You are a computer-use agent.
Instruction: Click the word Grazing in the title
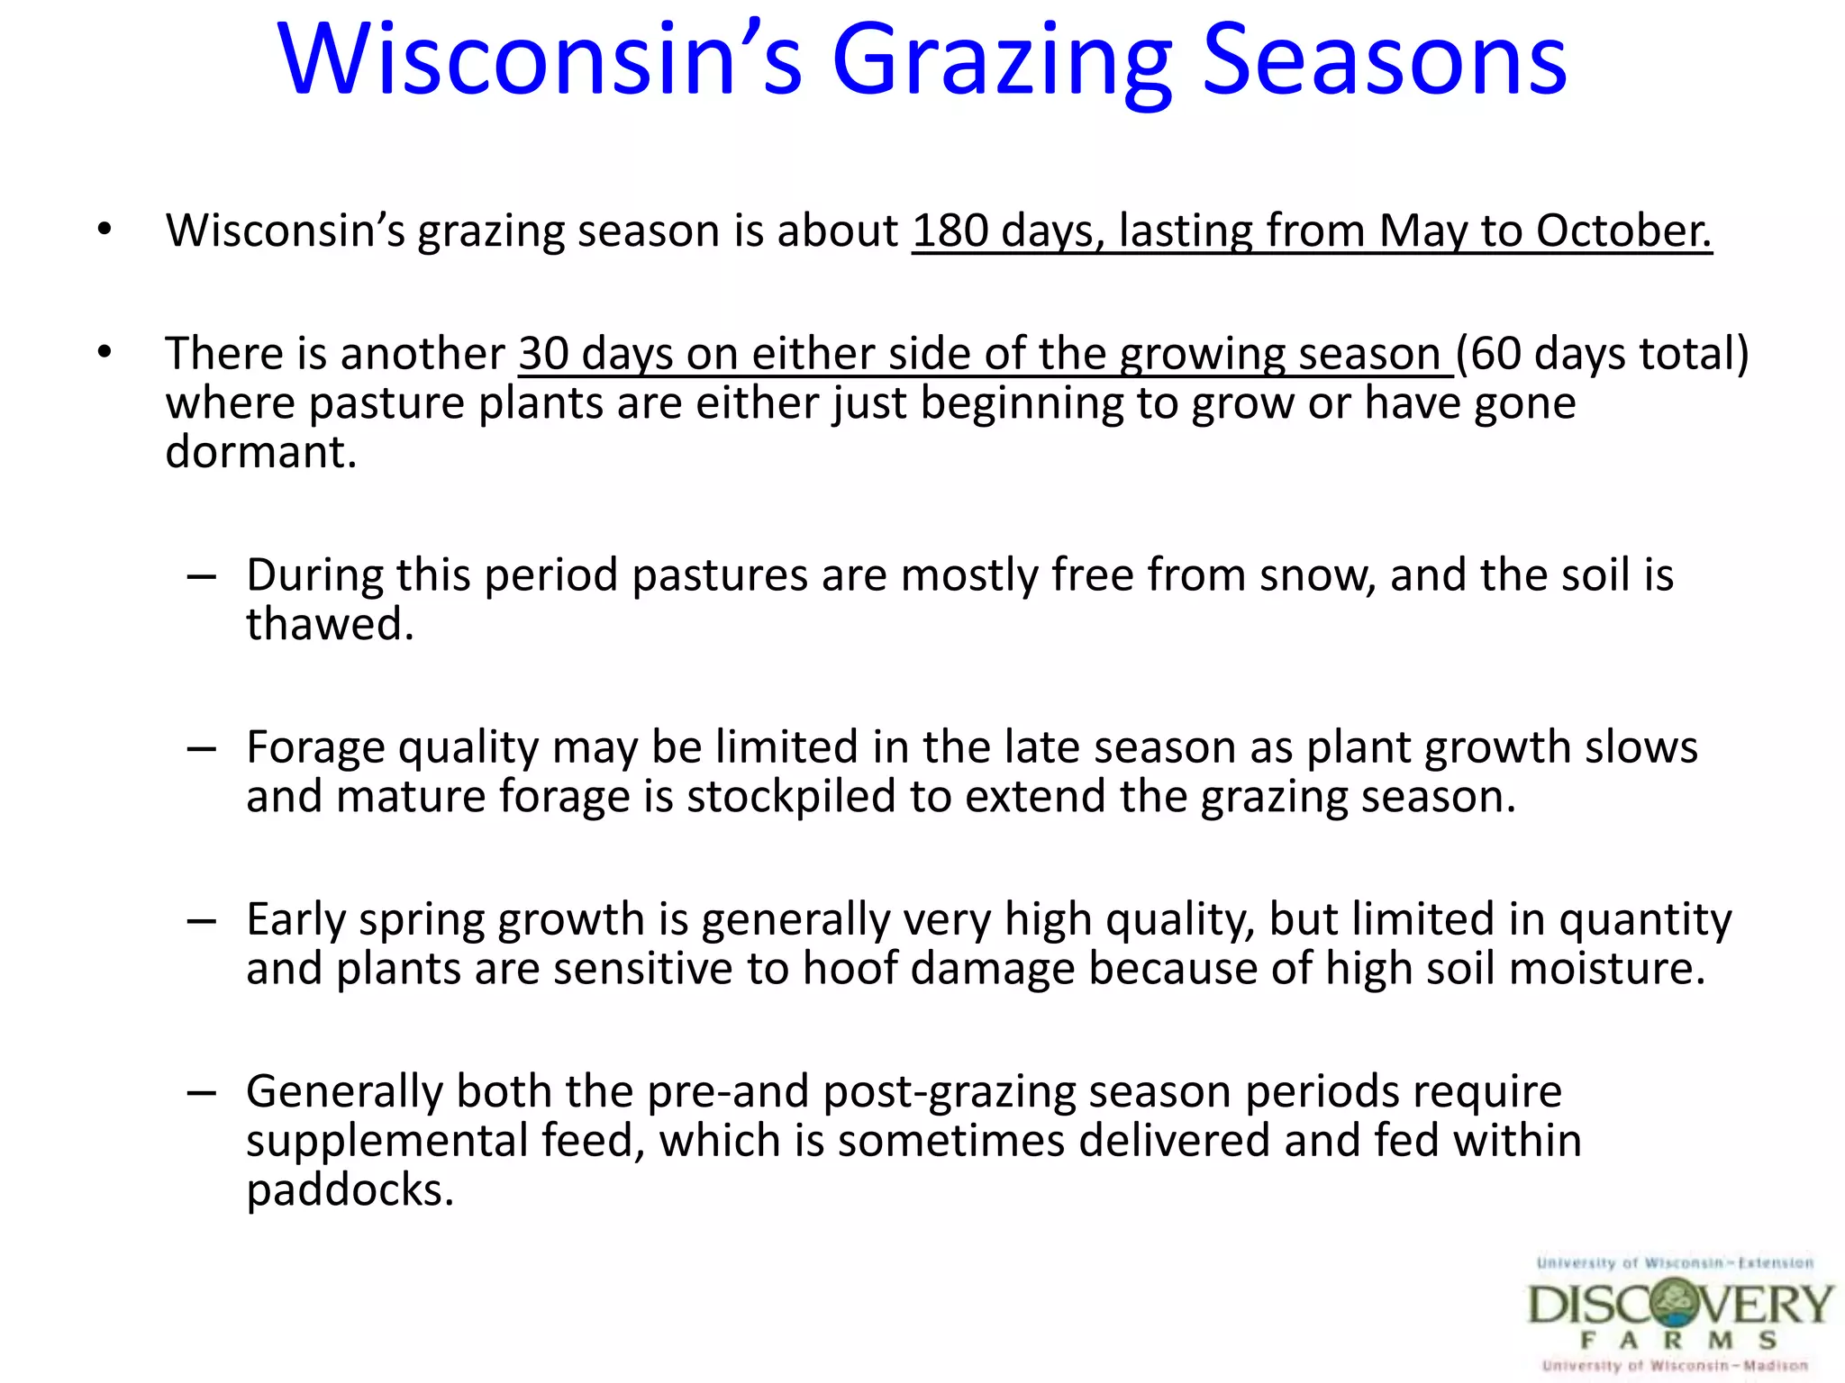click(1002, 61)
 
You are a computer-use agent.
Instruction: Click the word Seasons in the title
click(1385, 61)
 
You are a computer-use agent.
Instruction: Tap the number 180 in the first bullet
click(950, 230)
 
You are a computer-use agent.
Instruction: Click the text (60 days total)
click(1602, 353)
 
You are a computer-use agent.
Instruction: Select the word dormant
click(260, 452)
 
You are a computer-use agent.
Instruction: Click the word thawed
click(329, 625)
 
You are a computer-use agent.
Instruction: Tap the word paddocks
click(349, 1191)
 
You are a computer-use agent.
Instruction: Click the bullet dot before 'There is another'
click(105, 352)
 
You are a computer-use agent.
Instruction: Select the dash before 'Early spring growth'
click(202, 921)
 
